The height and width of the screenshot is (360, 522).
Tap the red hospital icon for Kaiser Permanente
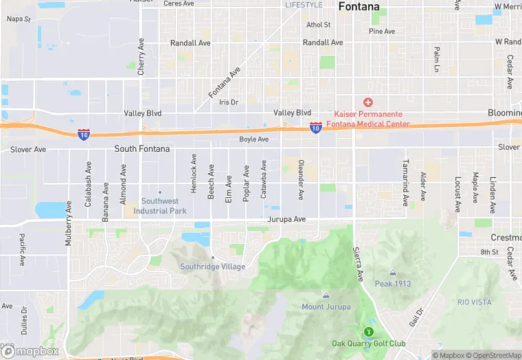(x=368, y=102)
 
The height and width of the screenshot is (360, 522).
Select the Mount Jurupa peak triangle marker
(x=326, y=295)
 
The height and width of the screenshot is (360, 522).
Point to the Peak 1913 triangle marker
(x=392, y=273)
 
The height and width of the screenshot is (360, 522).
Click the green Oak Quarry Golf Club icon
(x=368, y=332)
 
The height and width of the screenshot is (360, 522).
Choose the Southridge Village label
(x=212, y=267)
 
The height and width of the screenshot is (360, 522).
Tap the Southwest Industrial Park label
(x=159, y=205)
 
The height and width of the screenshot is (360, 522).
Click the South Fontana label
(x=142, y=148)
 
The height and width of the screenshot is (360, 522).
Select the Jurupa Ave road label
(x=286, y=219)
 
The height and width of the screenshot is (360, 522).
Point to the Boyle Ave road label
(x=253, y=139)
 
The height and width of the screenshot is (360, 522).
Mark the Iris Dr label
(x=228, y=102)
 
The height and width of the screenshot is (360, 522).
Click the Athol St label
(x=318, y=25)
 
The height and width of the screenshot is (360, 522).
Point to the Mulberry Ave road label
(x=68, y=223)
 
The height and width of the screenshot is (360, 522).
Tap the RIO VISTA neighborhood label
(x=474, y=302)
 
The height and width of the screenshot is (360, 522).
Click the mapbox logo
(x=30, y=351)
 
